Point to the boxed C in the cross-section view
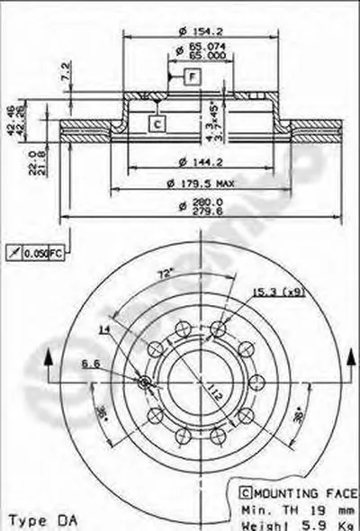click(x=157, y=122)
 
